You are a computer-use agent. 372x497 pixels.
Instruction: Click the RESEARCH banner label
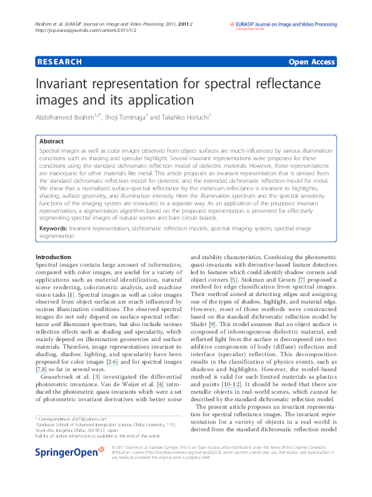(59, 62)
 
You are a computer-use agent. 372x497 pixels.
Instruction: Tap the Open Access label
(312, 62)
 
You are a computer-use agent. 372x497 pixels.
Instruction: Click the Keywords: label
(53, 230)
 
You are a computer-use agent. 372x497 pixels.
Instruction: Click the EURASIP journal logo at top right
(283, 25)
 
